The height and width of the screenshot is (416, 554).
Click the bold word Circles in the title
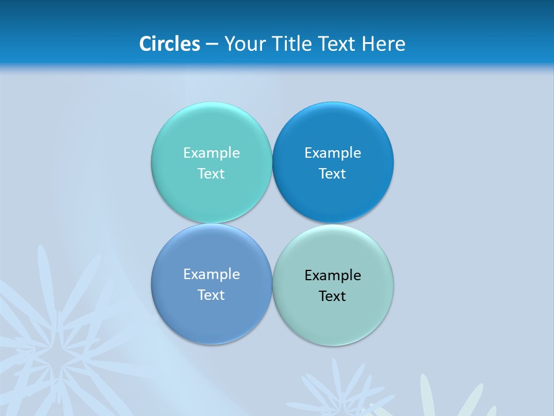tap(170, 44)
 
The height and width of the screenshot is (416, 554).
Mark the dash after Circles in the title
tap(212, 44)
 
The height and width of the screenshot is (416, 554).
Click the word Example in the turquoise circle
tap(211, 153)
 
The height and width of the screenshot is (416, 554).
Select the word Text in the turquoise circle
tap(211, 174)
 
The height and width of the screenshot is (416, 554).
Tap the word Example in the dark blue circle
tap(332, 153)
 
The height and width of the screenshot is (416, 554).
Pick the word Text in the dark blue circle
tap(332, 174)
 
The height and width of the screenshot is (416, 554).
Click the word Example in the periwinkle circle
tap(211, 274)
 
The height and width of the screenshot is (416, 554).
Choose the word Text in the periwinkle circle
tap(211, 295)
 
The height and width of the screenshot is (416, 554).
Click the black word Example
tap(332, 276)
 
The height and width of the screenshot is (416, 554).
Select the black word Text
tap(332, 296)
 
